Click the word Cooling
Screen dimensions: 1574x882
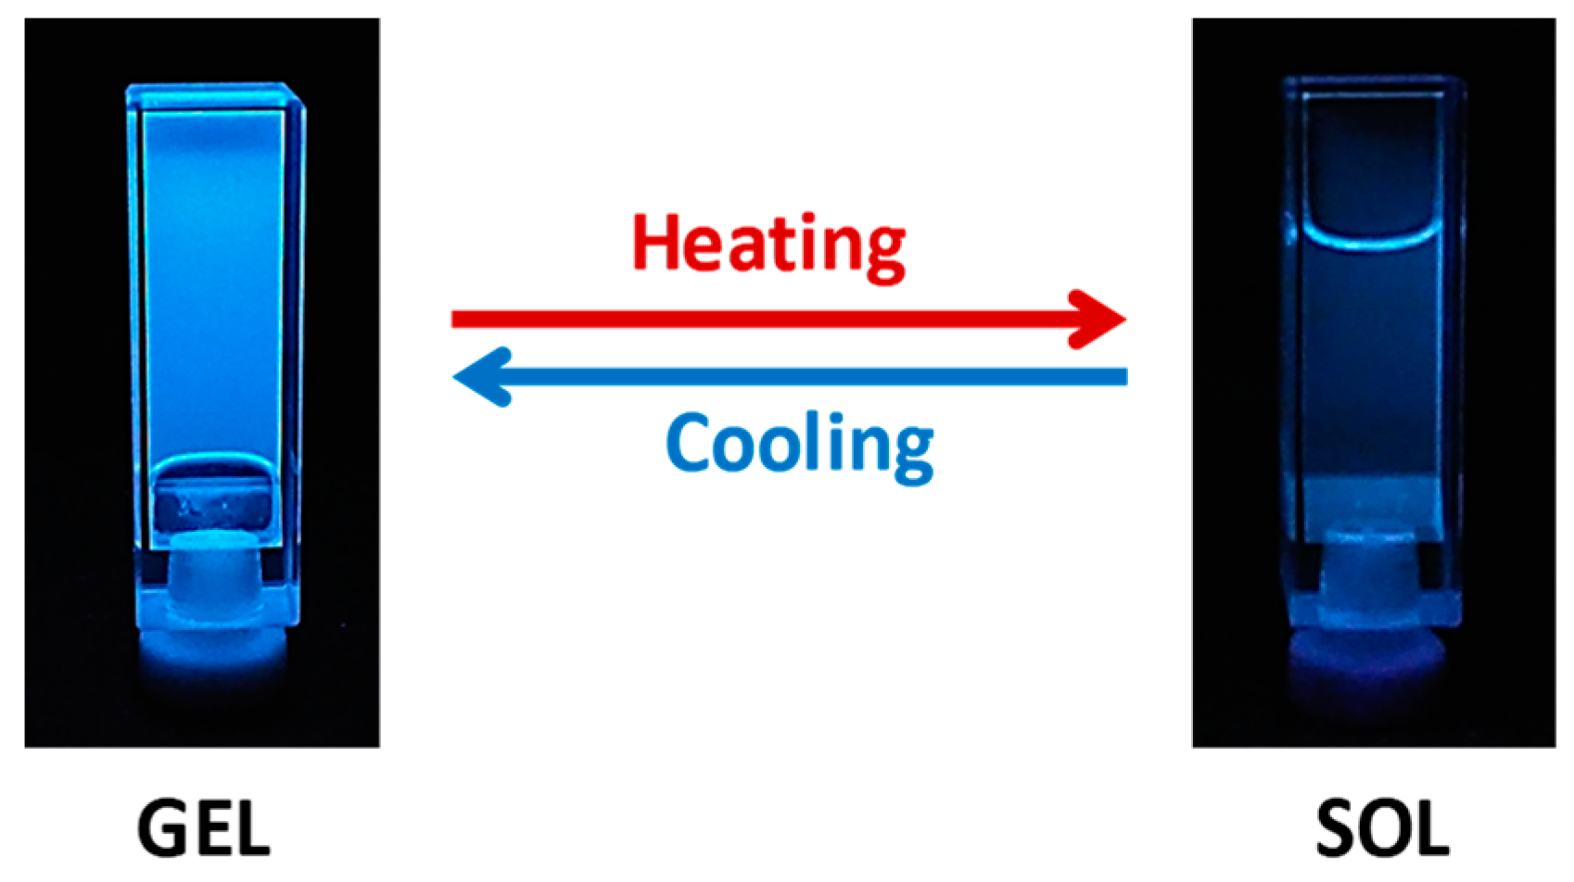[799, 446]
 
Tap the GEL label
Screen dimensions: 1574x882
[204, 829]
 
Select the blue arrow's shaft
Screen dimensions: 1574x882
[816, 376]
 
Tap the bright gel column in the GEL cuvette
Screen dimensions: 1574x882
[213, 278]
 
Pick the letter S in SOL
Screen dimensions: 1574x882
[1339, 829]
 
